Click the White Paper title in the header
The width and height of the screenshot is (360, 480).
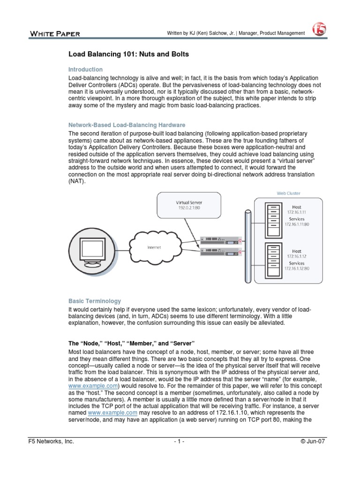pyautogui.click(x=55, y=33)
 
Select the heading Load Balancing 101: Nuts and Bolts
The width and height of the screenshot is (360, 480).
pyautogui.click(x=128, y=54)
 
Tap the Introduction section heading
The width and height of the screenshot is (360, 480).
pyautogui.click(x=85, y=69)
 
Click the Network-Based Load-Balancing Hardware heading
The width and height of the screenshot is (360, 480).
pyautogui.click(x=127, y=125)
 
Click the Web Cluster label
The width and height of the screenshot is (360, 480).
pyautogui.click(x=289, y=193)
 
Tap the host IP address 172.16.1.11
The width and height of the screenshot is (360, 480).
pyautogui.click(x=296, y=212)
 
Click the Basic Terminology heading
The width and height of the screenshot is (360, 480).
pyautogui.click(x=95, y=301)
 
